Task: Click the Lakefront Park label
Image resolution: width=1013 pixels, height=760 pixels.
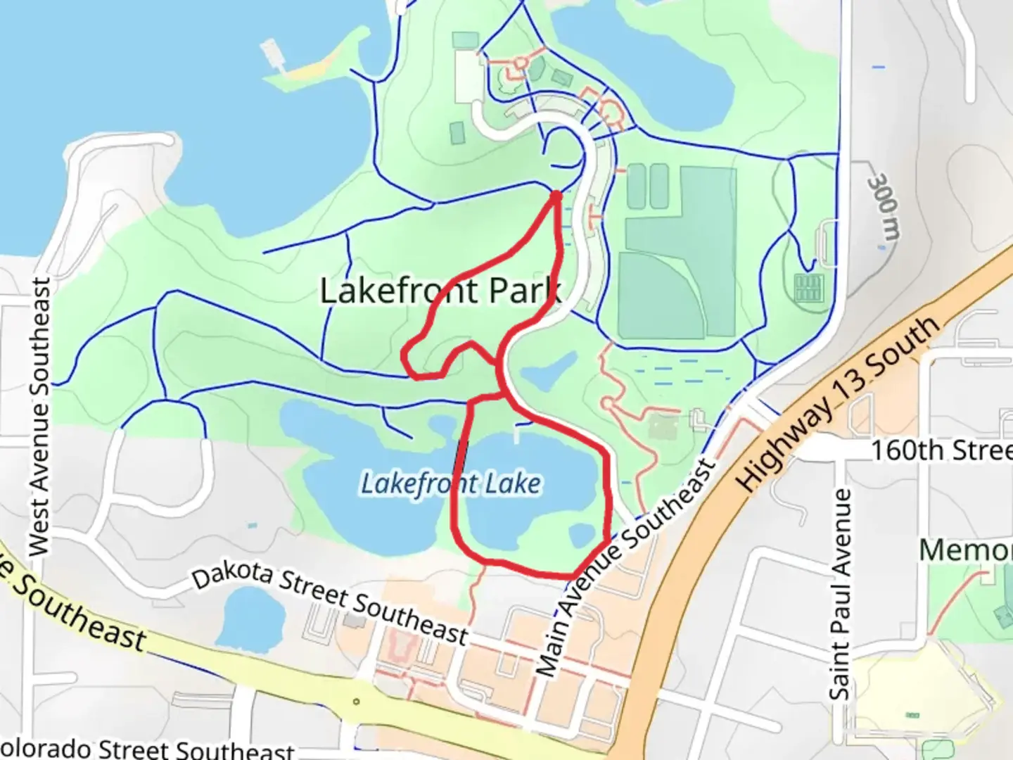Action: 440,290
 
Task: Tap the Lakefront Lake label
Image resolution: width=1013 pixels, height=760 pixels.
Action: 451,484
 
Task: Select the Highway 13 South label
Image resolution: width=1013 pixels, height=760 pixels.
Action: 837,404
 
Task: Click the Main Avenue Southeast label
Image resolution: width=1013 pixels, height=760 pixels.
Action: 625,569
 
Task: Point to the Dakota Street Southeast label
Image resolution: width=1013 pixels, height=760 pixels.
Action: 330,604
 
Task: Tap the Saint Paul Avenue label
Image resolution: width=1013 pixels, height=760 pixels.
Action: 840,595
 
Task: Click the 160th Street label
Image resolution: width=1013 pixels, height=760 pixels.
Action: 941,450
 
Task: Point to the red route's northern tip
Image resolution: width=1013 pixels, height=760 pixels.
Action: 556,194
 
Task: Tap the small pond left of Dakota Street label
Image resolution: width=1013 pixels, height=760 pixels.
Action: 250,619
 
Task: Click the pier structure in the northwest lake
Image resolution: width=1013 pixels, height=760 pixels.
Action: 272,56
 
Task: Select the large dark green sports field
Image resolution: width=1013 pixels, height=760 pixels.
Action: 680,253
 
